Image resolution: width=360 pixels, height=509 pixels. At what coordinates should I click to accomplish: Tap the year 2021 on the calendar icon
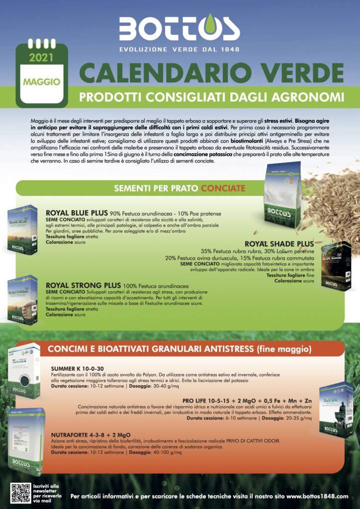pos(41,58)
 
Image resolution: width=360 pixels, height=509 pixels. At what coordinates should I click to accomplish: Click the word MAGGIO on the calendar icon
pos(41,81)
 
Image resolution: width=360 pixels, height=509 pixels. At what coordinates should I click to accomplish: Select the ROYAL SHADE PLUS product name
pos(279,244)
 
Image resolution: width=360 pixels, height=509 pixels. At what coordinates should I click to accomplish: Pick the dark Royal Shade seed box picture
pos(336,267)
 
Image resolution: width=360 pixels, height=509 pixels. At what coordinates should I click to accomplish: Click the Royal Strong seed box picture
pos(22,300)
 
